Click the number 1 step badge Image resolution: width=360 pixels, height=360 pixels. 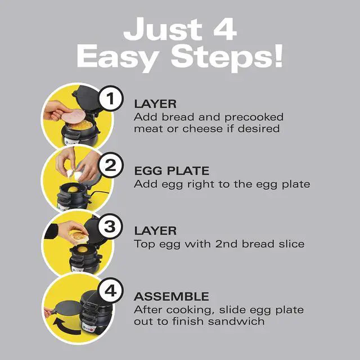point(111,100)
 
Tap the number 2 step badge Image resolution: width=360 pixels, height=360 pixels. point(111,166)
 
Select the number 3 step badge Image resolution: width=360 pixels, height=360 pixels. point(111,227)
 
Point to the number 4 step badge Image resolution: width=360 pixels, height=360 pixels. point(111,292)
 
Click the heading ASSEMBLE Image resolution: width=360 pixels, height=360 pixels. point(171,296)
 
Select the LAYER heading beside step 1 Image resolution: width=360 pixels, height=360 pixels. point(155,104)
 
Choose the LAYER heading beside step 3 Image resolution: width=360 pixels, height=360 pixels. point(155,231)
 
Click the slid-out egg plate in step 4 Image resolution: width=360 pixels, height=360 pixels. point(66,304)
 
